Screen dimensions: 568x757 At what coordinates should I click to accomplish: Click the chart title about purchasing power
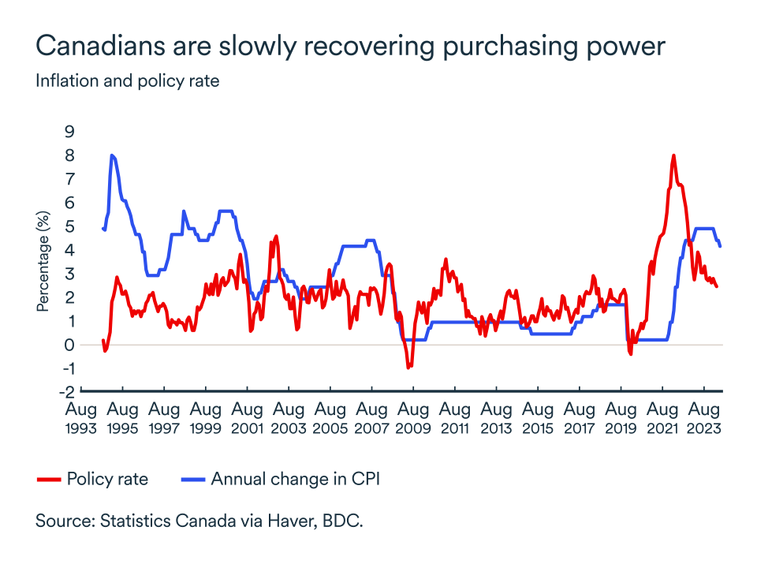[x=351, y=47]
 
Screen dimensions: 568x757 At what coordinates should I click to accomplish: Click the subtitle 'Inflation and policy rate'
[x=127, y=80]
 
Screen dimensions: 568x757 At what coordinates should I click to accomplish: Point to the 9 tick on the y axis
[x=70, y=132]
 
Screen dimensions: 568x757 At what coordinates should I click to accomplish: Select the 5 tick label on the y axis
[x=70, y=226]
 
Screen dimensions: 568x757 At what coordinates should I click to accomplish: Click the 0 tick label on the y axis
[x=70, y=345]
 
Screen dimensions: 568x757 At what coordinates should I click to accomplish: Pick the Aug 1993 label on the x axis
[x=81, y=419]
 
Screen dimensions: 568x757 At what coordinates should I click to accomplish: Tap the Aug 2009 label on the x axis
[x=413, y=419]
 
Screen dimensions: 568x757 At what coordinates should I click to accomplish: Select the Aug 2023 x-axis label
[x=704, y=419]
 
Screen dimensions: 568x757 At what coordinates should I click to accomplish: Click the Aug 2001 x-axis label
[x=248, y=419]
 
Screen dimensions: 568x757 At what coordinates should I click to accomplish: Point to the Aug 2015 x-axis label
[x=538, y=419]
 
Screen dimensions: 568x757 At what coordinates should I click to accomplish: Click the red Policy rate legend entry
[x=93, y=479]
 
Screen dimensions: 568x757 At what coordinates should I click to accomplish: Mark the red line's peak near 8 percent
[x=673, y=155]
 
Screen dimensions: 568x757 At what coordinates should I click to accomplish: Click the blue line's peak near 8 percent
[x=112, y=155]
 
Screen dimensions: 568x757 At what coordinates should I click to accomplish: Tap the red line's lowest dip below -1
[x=408, y=368]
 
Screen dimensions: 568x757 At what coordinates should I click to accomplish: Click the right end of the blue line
[x=720, y=246]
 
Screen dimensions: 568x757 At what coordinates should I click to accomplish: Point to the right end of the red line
[x=717, y=286]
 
